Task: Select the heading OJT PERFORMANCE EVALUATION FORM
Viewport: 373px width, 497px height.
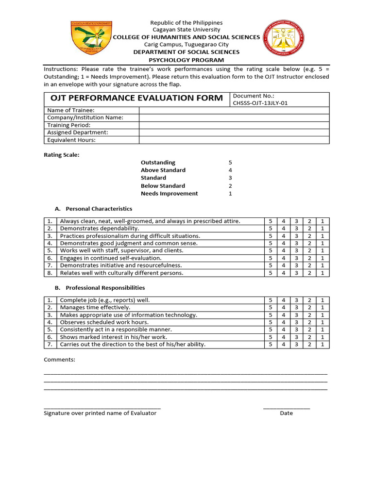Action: tap(136, 98)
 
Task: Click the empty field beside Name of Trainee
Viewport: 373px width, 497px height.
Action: tap(234, 111)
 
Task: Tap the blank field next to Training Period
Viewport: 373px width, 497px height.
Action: tap(234, 125)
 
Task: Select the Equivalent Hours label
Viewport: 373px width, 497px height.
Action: tap(71, 140)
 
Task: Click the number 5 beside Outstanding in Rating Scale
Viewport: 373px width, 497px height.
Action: tap(230, 163)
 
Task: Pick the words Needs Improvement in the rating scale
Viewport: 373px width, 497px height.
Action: tap(169, 194)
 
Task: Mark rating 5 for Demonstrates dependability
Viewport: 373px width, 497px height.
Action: tap(271, 229)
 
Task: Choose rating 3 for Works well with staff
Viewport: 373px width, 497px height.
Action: tap(296, 250)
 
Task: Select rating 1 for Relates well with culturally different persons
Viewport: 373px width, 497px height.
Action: tap(322, 273)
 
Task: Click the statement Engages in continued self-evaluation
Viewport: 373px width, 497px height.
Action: tap(111, 258)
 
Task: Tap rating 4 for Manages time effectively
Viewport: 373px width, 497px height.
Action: tap(284, 308)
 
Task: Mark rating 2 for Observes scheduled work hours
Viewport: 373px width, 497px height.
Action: tap(309, 322)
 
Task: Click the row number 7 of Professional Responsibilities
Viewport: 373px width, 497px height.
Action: tap(50, 345)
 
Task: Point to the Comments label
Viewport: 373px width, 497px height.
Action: tap(60, 360)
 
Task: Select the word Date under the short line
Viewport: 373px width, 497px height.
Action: tap(286, 413)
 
